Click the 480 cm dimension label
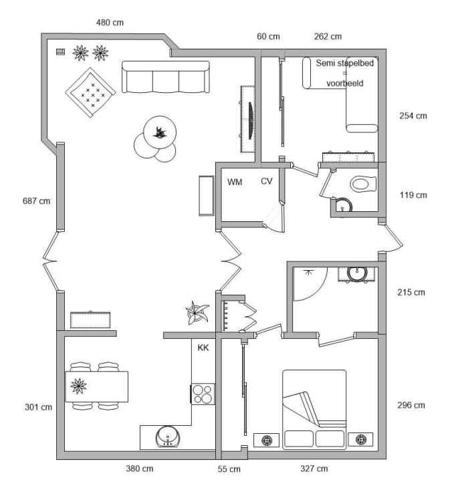click(110, 23)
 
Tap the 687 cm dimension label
click(36, 201)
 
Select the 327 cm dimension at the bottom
click(314, 469)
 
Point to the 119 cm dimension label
click(413, 195)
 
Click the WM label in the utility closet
click(235, 182)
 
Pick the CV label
click(267, 181)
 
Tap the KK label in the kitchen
click(203, 348)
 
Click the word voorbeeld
click(344, 83)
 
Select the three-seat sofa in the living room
click(166, 77)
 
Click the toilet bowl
click(364, 184)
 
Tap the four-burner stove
click(203, 394)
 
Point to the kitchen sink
click(168, 437)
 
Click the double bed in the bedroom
click(314, 410)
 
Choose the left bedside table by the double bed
click(267, 440)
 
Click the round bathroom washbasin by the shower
click(357, 273)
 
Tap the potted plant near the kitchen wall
click(197, 313)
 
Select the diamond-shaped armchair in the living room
click(90, 92)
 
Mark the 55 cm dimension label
click(229, 469)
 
